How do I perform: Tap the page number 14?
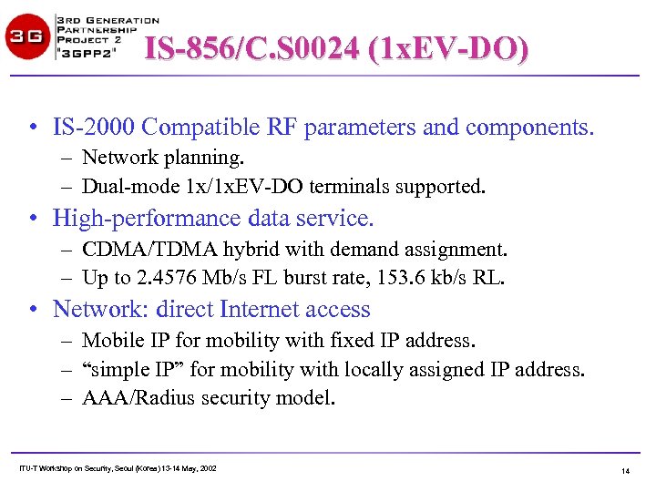(625, 471)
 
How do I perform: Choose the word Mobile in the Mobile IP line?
(110, 340)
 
